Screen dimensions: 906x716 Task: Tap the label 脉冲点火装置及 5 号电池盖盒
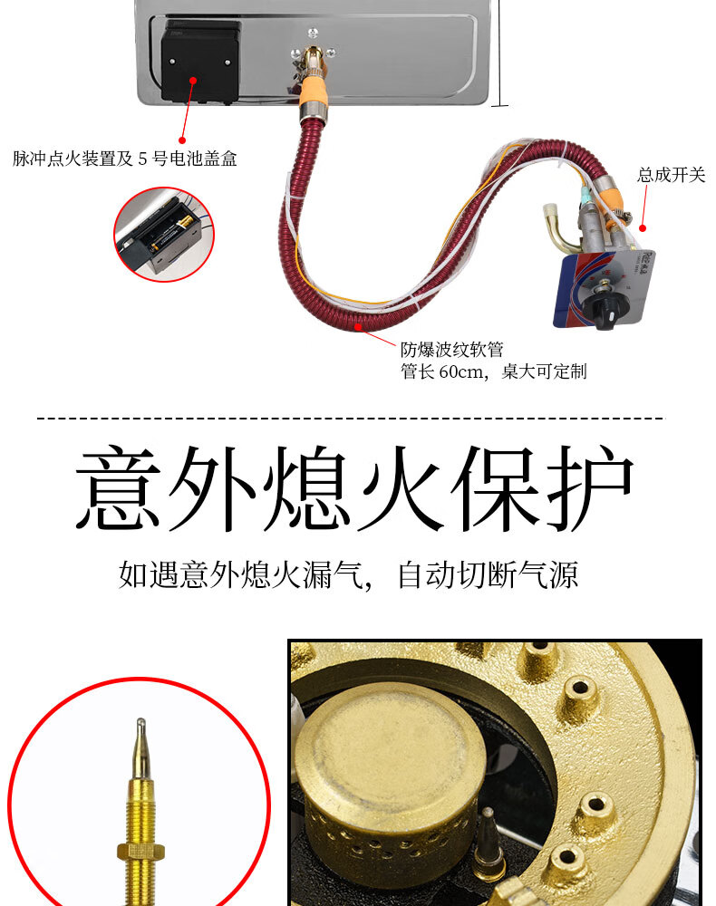pyautogui.click(x=125, y=159)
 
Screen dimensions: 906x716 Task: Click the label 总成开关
pyautogui.click(x=671, y=175)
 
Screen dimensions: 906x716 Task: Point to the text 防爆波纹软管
pyautogui.click(x=451, y=349)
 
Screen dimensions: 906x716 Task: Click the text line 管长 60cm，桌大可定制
pyautogui.click(x=493, y=371)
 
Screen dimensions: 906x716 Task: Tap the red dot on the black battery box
pyautogui.click(x=193, y=81)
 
